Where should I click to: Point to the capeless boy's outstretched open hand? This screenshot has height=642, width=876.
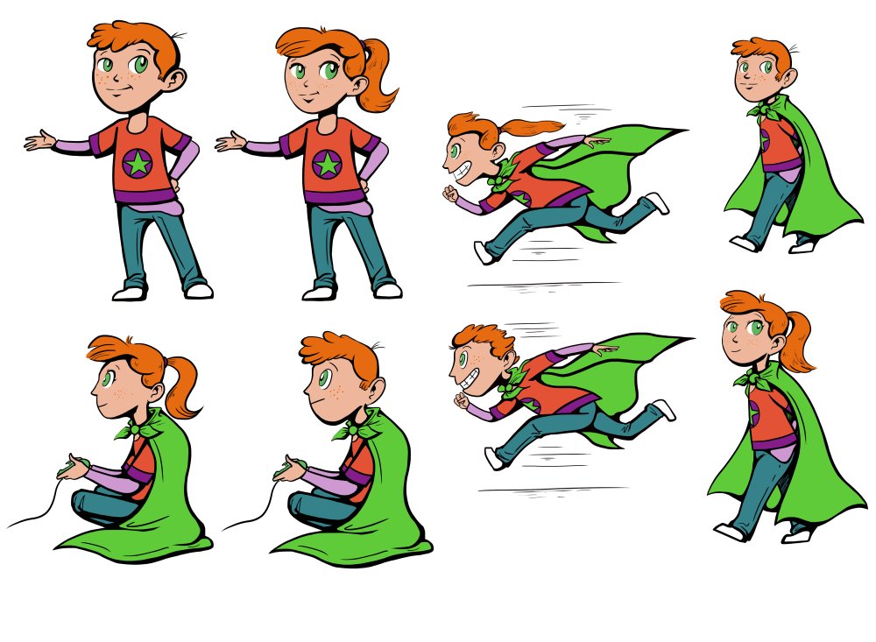39,140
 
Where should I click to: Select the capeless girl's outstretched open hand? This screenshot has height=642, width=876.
230,141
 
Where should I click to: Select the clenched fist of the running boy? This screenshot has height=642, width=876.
462,400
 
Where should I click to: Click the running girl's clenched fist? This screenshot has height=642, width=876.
452,192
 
